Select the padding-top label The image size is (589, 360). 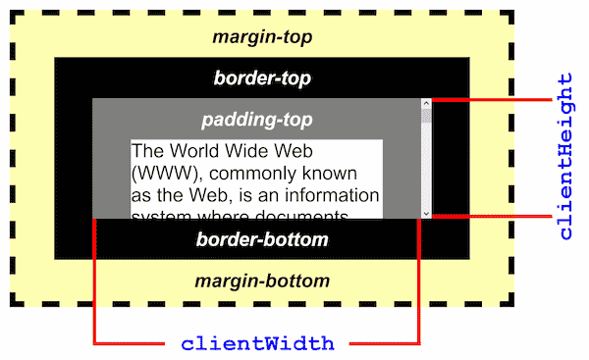(256, 120)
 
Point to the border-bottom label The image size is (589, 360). (261, 239)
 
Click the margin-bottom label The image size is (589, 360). (261, 281)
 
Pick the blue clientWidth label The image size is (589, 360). (257, 344)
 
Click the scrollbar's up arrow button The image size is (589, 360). (426, 103)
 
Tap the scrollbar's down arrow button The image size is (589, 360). (426, 212)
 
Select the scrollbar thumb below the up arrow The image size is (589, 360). (426, 116)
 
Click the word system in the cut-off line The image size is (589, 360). (160, 215)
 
